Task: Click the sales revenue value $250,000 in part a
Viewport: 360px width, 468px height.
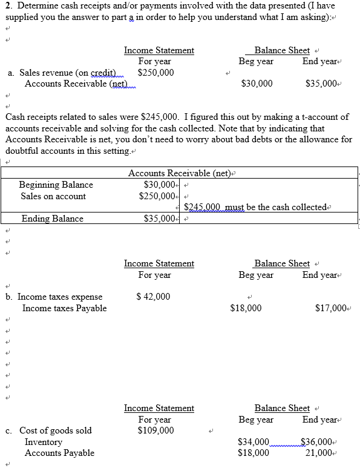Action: point(156,73)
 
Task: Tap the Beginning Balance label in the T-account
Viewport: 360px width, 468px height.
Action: point(56,185)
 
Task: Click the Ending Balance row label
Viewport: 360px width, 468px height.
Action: point(52,219)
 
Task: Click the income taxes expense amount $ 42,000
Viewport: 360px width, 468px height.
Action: point(154,297)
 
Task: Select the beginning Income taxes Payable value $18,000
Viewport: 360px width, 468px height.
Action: point(246,308)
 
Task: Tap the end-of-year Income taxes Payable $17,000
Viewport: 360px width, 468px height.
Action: point(330,308)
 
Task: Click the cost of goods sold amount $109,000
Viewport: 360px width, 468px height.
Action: point(156,430)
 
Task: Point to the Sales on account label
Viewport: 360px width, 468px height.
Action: point(53,196)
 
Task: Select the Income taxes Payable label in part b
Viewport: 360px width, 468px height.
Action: point(64,308)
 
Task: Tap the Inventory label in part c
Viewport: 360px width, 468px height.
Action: point(43,442)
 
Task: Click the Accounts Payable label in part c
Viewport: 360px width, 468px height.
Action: point(59,453)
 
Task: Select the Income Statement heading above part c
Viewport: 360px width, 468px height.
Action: point(159,409)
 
